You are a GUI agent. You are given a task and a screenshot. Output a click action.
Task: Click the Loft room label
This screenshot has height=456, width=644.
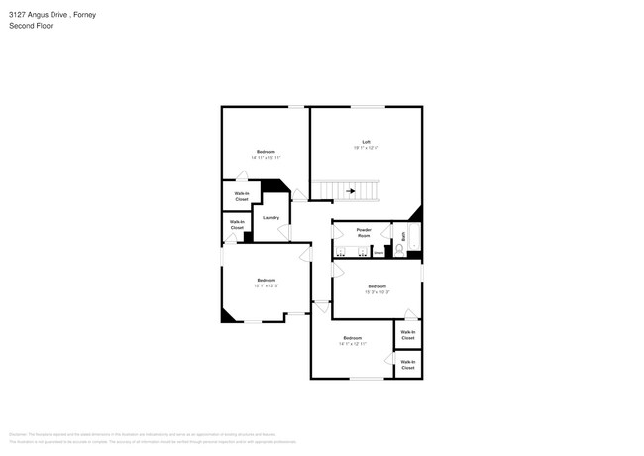pos(366,142)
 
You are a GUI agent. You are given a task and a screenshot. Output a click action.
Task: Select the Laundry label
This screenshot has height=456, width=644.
pos(270,217)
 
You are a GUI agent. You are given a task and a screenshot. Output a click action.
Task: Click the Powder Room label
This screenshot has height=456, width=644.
pos(364,232)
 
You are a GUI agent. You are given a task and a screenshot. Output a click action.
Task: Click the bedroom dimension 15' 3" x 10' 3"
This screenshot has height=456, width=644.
pos(376,291)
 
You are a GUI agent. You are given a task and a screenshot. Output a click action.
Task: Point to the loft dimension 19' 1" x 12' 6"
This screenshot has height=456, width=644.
pos(366,148)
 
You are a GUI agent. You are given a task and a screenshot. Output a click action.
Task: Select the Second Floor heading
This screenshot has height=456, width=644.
pos(31,26)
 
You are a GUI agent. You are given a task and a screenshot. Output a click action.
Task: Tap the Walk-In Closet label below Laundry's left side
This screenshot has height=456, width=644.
pos(237,225)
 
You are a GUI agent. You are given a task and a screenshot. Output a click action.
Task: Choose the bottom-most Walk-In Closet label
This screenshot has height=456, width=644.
pos(408,365)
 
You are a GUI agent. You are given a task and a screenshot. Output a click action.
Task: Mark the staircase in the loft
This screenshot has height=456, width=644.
pos(347,189)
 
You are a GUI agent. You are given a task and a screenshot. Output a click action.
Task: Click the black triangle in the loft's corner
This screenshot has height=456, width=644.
pos(416,214)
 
